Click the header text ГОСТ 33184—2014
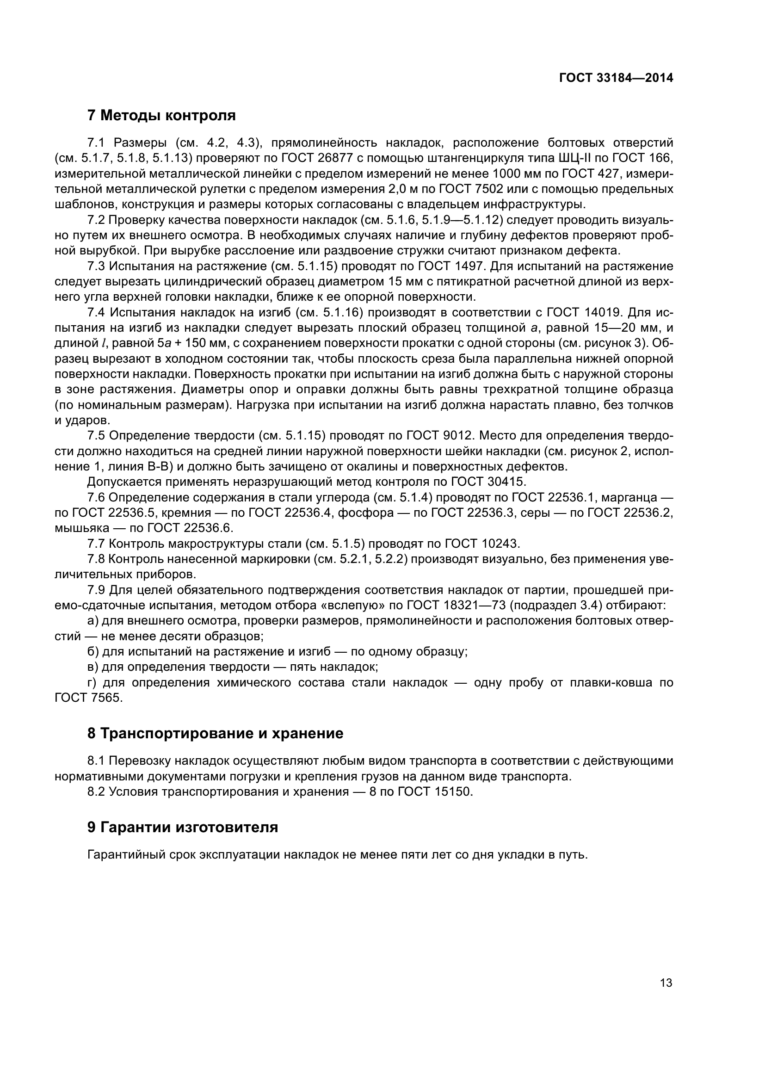(616, 78)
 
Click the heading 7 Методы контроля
(161, 115)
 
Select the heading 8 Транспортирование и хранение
(215, 734)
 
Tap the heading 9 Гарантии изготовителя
(182, 827)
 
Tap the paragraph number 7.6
(96, 498)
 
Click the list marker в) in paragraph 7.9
(94, 667)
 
